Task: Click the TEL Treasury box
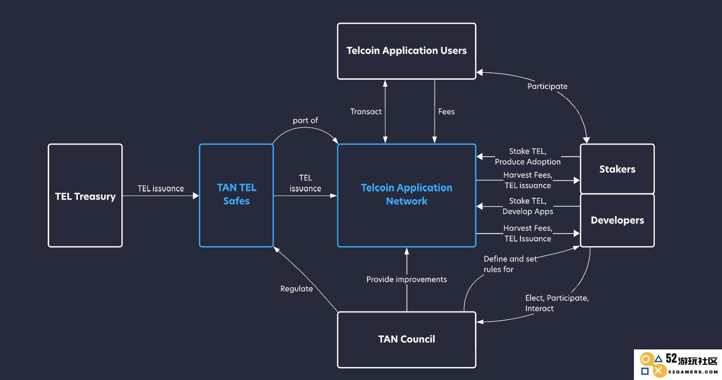(85, 196)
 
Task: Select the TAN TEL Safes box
(236, 196)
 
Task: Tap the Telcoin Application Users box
(406, 51)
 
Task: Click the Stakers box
(617, 169)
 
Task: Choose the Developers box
(617, 221)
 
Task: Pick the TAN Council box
(406, 340)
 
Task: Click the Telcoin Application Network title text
(406, 194)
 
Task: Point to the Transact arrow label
(366, 112)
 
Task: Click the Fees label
(446, 112)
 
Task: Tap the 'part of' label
(305, 120)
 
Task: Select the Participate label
(547, 86)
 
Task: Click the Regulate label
(297, 289)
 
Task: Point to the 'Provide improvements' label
(406, 279)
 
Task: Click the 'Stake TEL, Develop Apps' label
(528, 206)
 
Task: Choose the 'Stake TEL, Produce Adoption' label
(528, 156)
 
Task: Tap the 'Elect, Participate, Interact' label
(557, 303)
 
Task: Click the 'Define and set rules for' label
(510, 264)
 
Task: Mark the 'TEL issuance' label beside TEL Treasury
(160, 188)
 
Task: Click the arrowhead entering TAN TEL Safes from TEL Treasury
(196, 196)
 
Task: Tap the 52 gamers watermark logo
(678, 365)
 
